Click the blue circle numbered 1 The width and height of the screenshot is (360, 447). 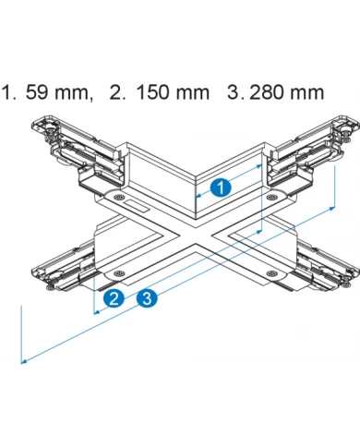point(221,187)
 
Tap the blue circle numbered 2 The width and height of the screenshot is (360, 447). point(114,298)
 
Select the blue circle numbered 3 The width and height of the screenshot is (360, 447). point(147,298)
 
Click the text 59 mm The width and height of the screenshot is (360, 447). point(59,92)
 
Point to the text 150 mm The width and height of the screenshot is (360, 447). point(173,92)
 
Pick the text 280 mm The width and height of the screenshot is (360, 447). point(287,92)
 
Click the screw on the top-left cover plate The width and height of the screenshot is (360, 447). point(118,198)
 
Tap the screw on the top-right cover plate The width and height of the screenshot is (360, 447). point(271,197)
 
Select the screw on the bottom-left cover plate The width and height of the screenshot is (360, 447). point(119,272)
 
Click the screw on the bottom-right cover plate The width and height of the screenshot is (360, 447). point(271,272)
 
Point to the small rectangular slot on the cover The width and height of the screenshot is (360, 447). point(137,206)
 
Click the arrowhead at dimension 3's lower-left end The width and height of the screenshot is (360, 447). point(23,361)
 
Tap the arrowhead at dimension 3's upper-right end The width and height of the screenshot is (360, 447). point(332,209)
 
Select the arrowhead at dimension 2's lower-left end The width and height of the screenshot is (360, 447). point(96,312)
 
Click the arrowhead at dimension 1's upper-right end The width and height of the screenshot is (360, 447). point(259,166)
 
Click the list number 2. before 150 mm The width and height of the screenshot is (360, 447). point(117,92)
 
